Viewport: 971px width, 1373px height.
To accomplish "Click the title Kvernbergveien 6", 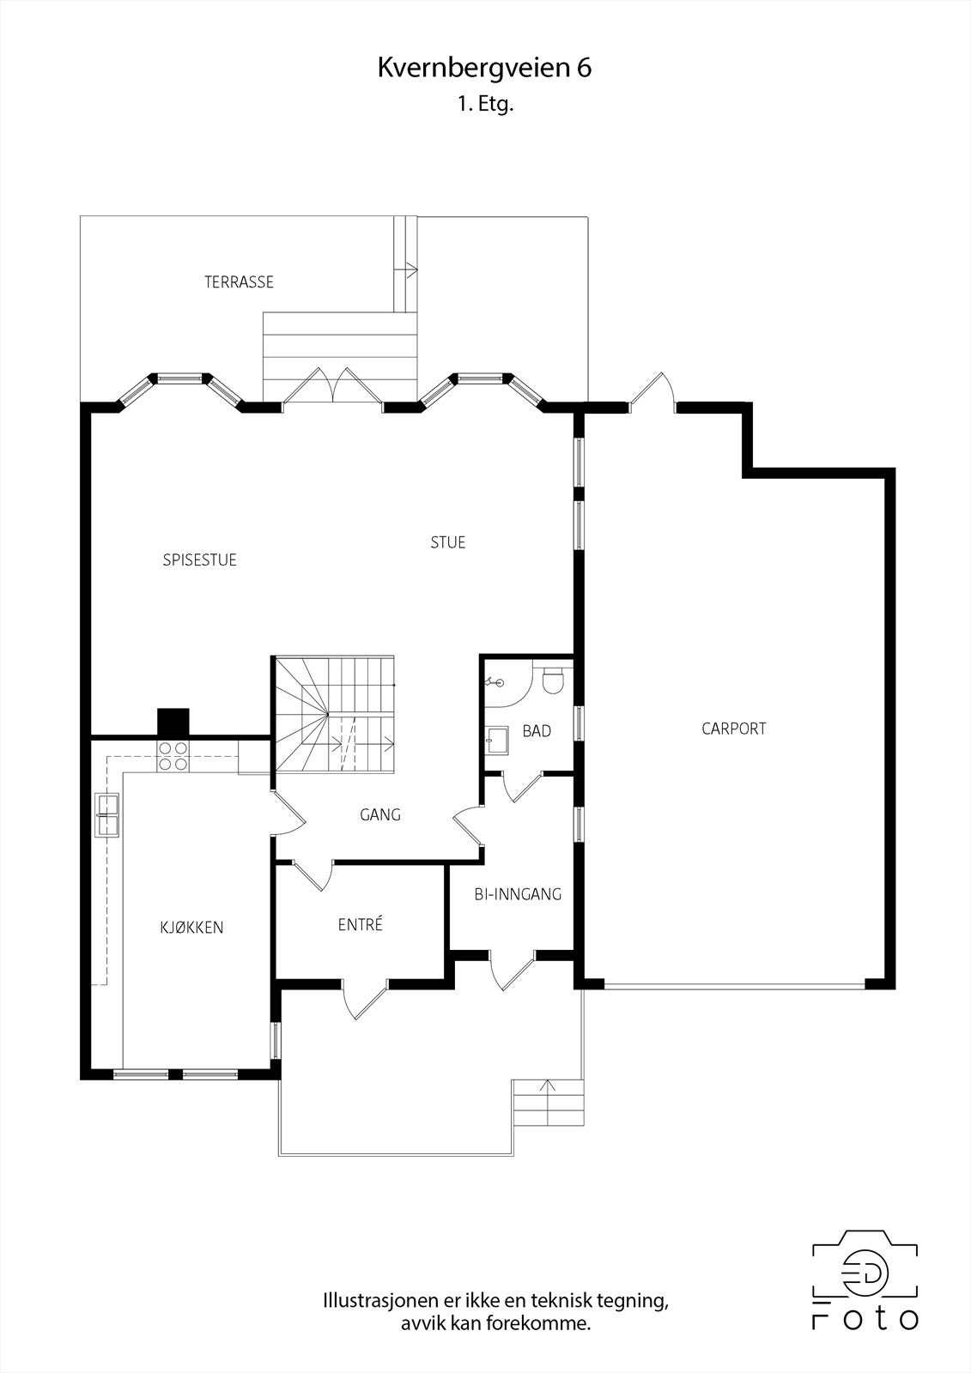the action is (484, 68).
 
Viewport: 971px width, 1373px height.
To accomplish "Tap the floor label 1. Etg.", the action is (484, 104).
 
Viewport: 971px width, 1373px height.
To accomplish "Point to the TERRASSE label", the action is (239, 282).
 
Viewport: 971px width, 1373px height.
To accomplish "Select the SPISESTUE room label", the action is (199, 559).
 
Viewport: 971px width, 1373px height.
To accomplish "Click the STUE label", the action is (448, 542).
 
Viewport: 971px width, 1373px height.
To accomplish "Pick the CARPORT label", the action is (734, 729).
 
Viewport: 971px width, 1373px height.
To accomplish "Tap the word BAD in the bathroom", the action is (537, 730).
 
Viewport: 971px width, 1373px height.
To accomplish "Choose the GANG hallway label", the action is (379, 814).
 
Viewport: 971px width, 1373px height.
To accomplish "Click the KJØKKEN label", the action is (191, 928).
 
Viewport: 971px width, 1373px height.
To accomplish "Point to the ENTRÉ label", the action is (360, 924).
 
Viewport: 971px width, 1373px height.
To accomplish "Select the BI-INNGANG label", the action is (518, 894).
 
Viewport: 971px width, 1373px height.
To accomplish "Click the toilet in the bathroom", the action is (553, 680).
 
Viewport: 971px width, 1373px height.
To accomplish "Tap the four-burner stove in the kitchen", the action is (173, 756).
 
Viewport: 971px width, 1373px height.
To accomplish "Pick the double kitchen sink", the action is (106, 814).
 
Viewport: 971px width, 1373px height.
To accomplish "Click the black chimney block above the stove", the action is (173, 722).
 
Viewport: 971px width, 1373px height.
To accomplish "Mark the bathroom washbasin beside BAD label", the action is (496, 739).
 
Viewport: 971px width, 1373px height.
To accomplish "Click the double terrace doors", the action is (333, 385).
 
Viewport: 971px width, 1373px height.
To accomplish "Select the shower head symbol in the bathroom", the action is (495, 681).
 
